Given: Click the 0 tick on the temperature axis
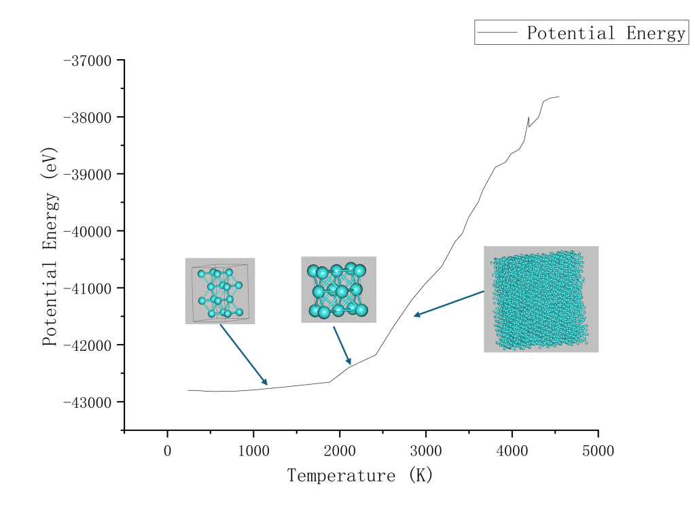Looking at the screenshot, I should [168, 451].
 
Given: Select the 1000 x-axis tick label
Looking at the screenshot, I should [253, 451].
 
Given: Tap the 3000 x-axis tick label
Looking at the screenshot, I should [426, 451].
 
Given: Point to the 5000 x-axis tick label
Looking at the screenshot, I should [598, 451].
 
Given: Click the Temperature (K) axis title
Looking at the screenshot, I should [360, 475].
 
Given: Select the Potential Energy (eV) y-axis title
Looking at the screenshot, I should [50, 246].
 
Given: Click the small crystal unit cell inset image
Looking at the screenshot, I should [220, 291].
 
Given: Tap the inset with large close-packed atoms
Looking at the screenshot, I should [338, 290].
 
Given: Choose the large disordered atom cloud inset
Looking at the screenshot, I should [541, 299].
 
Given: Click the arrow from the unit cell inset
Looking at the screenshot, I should [243, 354].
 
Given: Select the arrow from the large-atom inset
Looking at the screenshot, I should [342, 345].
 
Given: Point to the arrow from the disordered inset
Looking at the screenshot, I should [449, 303].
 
